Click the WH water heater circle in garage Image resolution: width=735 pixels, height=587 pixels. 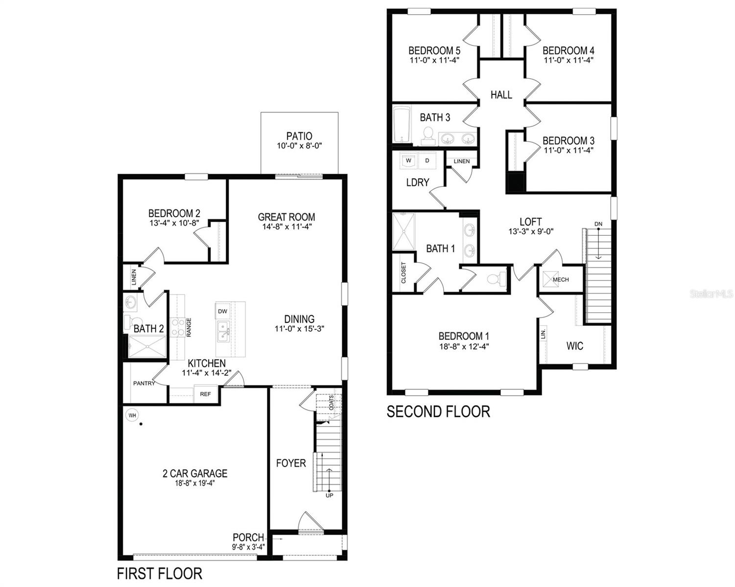pos(132,415)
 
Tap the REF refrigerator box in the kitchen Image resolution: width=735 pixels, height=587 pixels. pos(206,394)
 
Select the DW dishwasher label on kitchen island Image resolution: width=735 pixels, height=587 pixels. pos(222,311)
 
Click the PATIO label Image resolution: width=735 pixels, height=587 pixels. pos(299,136)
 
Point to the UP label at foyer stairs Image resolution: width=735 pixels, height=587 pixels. pos(330,496)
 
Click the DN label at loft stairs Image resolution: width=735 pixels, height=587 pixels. pos(598,224)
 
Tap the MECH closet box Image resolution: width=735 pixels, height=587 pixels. pos(561,279)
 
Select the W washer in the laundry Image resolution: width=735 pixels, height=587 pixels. pos(408,160)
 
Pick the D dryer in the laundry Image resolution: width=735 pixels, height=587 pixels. pos(427,160)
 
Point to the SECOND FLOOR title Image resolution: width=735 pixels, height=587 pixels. pos(438,412)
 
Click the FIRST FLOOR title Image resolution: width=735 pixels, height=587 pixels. pos(160,573)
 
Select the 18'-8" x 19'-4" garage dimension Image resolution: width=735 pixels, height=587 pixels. pos(195,483)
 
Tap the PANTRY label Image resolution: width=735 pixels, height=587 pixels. pos(144,384)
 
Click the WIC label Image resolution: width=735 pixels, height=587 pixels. pos(574,346)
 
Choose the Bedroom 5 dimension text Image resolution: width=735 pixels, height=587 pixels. pos(434,61)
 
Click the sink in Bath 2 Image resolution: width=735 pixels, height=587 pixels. pos(131,302)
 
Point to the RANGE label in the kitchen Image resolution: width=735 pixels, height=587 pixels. pos(189,327)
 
